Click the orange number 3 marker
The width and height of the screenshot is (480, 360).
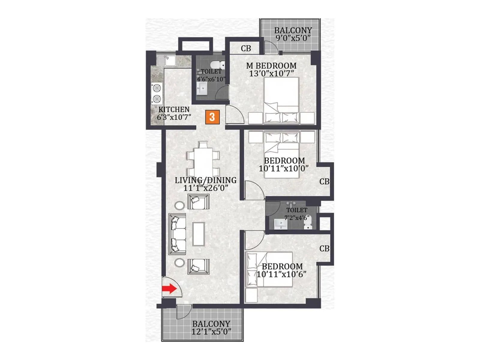point(212,117)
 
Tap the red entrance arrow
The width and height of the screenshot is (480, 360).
point(169,289)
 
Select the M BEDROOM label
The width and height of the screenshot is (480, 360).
point(271,66)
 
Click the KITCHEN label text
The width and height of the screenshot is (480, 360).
point(174,109)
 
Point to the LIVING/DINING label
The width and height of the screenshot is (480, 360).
point(205,180)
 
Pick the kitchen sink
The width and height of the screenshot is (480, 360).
point(166,61)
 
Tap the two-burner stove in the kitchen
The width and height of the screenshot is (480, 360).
point(157,94)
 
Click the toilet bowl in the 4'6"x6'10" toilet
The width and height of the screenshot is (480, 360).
point(217,64)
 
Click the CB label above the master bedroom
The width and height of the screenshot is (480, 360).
point(246,48)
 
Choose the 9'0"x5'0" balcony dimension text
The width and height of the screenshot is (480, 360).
point(293,38)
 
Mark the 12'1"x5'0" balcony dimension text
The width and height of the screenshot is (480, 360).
point(211,331)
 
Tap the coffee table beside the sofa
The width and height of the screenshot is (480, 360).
point(199,234)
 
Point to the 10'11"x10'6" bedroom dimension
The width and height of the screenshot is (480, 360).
point(281,274)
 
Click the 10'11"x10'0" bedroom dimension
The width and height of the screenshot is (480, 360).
point(283,169)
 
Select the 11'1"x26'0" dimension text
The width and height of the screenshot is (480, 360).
point(206,188)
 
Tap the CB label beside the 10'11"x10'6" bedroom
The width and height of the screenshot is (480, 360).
point(324,249)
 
